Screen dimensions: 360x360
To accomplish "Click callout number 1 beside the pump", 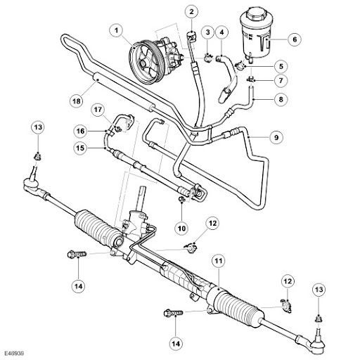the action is pyautogui.click(x=116, y=30).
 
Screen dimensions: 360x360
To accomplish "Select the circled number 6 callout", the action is pyautogui.click(x=295, y=39).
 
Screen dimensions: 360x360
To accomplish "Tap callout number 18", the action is pyautogui.click(x=77, y=101).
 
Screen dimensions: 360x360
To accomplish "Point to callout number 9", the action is pyautogui.click(x=276, y=137).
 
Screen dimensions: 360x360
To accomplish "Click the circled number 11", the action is pyautogui.click(x=219, y=261).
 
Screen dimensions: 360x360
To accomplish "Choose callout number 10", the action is pyautogui.click(x=181, y=228).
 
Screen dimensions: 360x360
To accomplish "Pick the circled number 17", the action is pyautogui.click(x=98, y=110).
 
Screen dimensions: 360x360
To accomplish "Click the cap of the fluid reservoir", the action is pyautogui.click(x=254, y=15).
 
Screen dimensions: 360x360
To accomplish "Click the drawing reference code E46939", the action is pyautogui.click(x=14, y=353).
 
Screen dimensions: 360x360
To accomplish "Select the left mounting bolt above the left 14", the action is pyautogui.click(x=77, y=254).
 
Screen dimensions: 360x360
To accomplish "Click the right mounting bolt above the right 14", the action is pyautogui.click(x=174, y=313).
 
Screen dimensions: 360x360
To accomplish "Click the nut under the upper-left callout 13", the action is pyautogui.click(x=38, y=156).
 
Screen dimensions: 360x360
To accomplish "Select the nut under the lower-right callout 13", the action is pyautogui.click(x=319, y=319).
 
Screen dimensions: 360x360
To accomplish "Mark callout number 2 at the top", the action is pyautogui.click(x=192, y=11).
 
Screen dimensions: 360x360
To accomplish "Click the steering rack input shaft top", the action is pyautogui.click(x=142, y=189).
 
